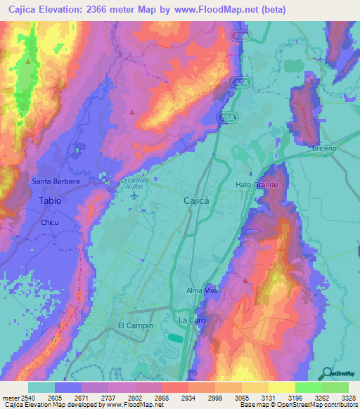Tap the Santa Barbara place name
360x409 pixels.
click(56, 181)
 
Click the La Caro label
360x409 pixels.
click(191, 320)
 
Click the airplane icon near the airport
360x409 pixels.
click(134, 195)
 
